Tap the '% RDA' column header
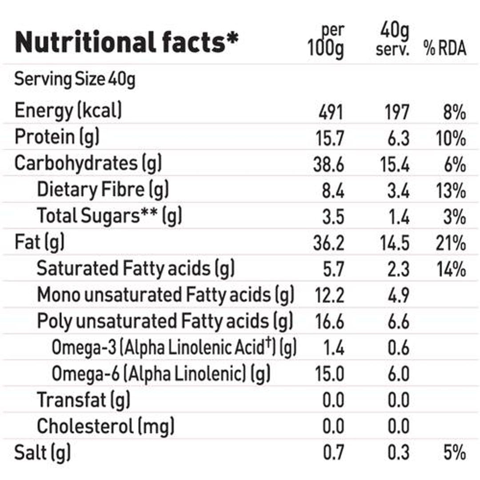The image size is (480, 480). pyautogui.click(x=445, y=48)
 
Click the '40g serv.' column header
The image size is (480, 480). pyautogui.click(x=392, y=41)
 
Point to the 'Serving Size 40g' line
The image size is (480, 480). pyautogui.click(x=75, y=80)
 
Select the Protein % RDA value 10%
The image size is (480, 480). pyautogui.click(x=451, y=139)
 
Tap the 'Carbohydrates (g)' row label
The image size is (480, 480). pyautogui.click(x=88, y=164)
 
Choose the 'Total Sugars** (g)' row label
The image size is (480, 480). pyautogui.click(x=109, y=216)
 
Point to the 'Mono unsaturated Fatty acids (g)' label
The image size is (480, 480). pyautogui.click(x=165, y=295)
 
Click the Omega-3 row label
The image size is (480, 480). pyautogui.click(x=174, y=348)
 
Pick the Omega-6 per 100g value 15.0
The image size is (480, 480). pyautogui.click(x=330, y=374)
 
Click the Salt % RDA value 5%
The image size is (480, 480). pyautogui.click(x=455, y=453)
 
